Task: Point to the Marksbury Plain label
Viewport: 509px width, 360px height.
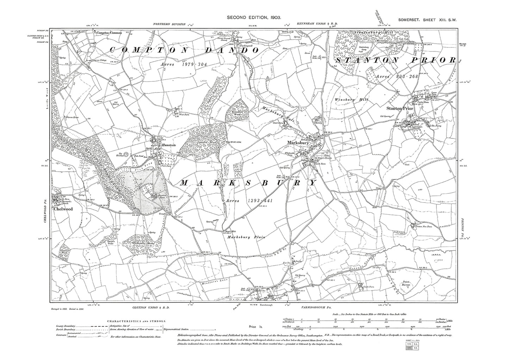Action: click(x=246, y=237)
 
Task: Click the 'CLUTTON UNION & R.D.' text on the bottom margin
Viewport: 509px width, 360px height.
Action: click(x=148, y=308)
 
